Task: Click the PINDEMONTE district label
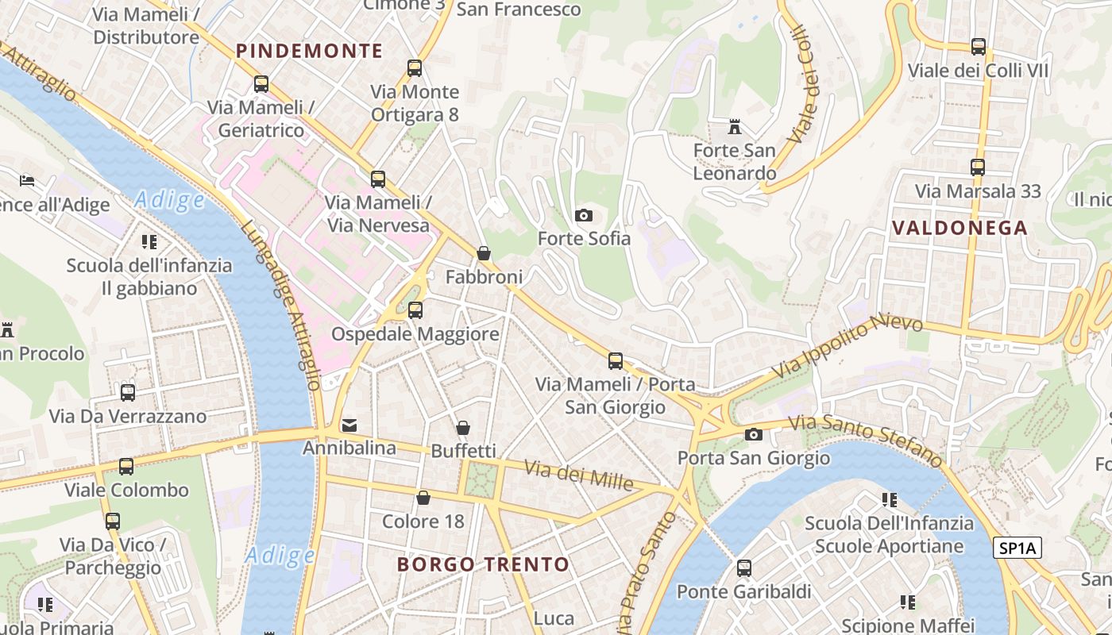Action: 309,52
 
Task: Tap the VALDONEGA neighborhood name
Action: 959,229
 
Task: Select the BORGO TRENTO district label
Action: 483,565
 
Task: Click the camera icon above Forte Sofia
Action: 583,216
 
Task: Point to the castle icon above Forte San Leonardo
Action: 735,127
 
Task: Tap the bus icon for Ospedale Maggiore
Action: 415,310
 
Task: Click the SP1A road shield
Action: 1017,548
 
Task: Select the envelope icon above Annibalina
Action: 349,426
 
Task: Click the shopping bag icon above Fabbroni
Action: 483,254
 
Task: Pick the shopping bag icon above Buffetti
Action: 462,429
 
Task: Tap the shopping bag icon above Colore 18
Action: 423,498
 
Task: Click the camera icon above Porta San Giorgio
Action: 753,435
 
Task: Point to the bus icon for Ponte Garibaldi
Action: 743,568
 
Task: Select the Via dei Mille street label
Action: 578,475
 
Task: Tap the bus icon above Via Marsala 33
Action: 977,167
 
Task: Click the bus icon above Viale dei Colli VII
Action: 978,47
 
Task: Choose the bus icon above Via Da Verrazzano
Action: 127,392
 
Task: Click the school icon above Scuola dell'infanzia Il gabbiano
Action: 149,242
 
